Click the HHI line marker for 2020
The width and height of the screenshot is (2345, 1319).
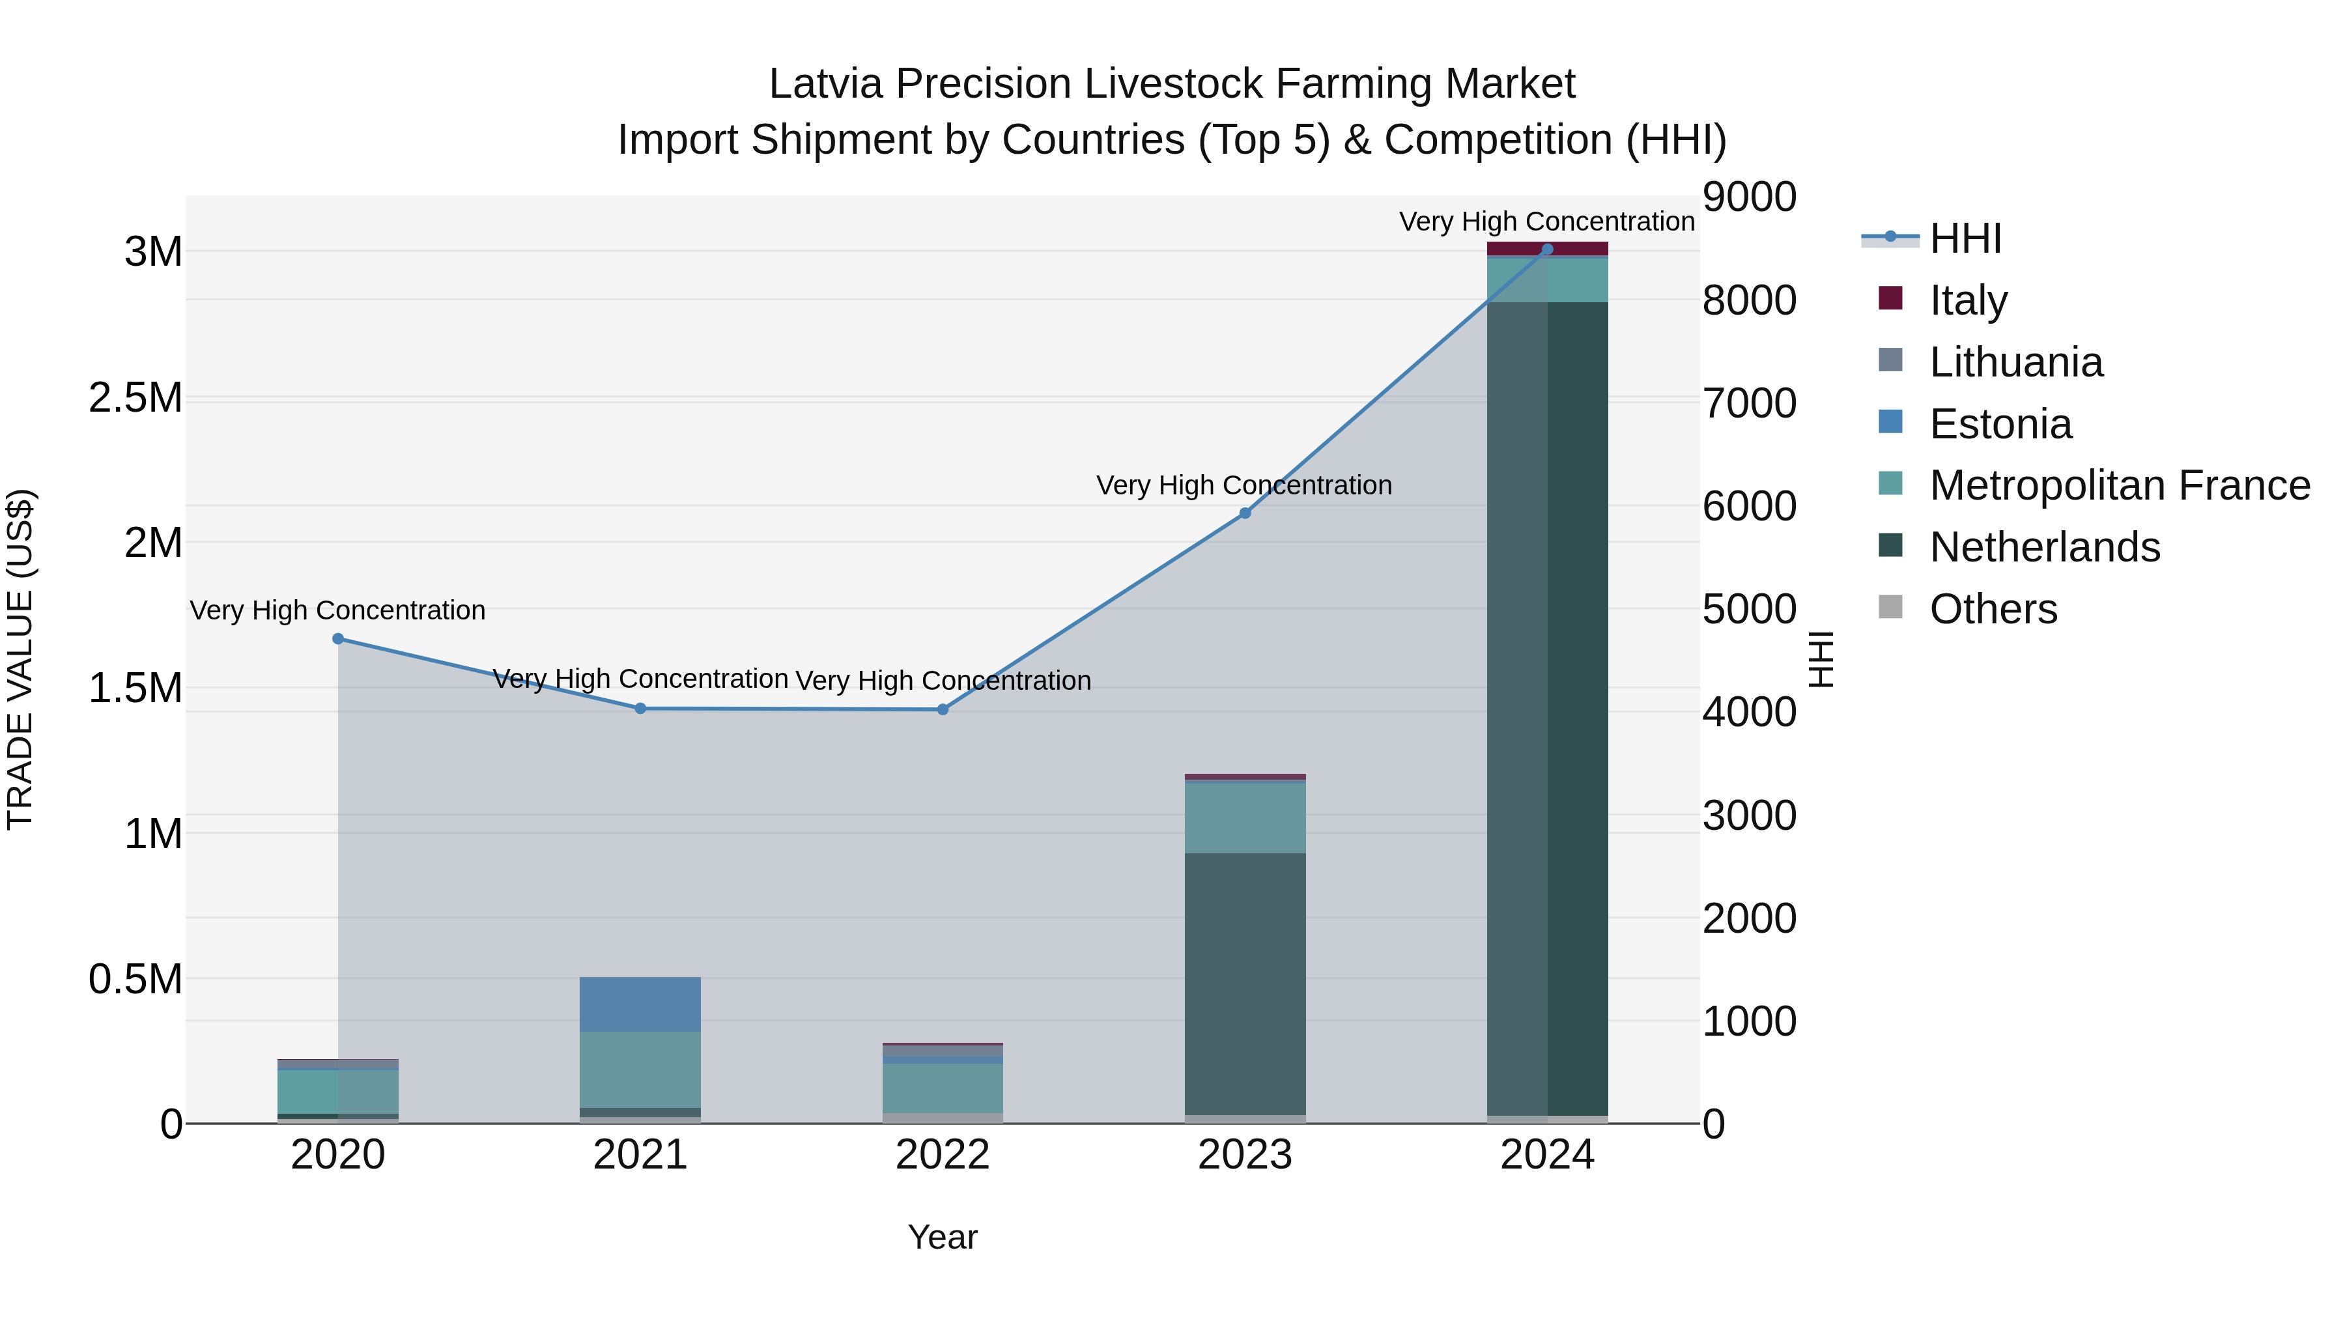(x=337, y=638)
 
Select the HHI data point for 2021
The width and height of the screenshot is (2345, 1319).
(x=640, y=708)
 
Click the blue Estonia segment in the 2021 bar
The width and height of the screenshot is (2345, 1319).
(x=640, y=1004)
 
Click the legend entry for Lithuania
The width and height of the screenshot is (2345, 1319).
(x=2015, y=362)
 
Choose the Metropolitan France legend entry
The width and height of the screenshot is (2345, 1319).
(x=2119, y=485)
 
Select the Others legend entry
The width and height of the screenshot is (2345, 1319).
(x=1993, y=609)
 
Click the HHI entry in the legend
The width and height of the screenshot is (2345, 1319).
(x=1965, y=238)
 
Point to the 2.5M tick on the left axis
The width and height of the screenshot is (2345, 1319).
(x=135, y=398)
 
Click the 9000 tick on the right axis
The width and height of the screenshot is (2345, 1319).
(x=1750, y=197)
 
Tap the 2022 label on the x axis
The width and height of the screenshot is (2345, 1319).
(x=942, y=1155)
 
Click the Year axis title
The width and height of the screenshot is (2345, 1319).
(x=942, y=1237)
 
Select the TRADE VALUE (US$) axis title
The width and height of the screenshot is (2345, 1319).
(x=20, y=659)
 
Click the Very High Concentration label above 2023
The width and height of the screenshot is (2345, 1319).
(x=1244, y=485)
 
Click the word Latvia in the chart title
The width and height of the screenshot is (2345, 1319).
(x=827, y=84)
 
